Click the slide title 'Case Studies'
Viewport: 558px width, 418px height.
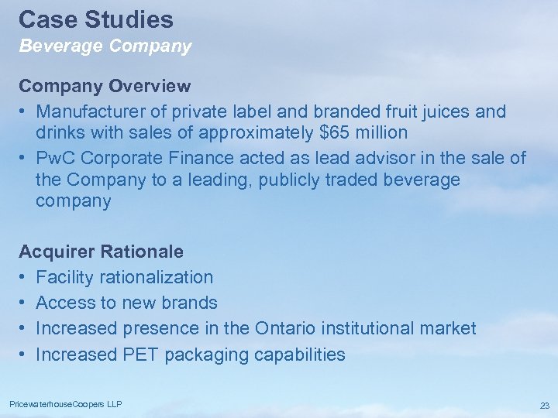95,19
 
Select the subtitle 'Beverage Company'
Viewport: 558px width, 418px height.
105,46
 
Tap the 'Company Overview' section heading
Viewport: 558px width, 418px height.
105,85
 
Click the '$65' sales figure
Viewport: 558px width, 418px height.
334,132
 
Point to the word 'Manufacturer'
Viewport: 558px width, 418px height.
90,111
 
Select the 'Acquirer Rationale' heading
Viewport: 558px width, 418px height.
101,252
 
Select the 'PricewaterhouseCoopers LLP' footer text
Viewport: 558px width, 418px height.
66,404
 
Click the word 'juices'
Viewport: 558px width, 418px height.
444,111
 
